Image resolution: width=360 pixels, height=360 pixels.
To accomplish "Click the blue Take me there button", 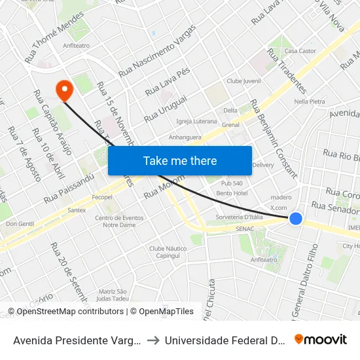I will pyautogui.click(x=179, y=160).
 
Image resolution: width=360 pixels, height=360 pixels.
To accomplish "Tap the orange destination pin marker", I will pyautogui.click(x=64, y=90).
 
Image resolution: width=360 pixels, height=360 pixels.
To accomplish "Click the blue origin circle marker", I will pyautogui.click(x=296, y=219).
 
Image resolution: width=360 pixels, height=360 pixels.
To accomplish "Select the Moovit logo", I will pyautogui.click(x=321, y=339).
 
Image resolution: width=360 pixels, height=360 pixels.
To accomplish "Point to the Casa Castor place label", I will pyautogui.click(x=300, y=51).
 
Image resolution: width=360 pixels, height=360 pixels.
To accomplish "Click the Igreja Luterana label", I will pyautogui.click(x=196, y=121).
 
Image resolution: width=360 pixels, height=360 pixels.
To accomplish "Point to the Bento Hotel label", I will pyautogui.click(x=232, y=193).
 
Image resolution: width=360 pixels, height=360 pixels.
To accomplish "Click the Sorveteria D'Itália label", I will pyautogui.click(x=239, y=217).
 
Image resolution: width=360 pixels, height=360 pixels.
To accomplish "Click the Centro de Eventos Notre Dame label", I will pyautogui.click(x=118, y=221).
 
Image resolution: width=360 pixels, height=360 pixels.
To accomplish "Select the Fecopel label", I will pyautogui.click(x=102, y=197).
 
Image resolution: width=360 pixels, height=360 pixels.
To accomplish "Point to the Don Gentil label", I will pyautogui.click(x=20, y=224).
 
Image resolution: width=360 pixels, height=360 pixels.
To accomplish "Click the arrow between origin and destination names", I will pyautogui.click(x=151, y=340).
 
